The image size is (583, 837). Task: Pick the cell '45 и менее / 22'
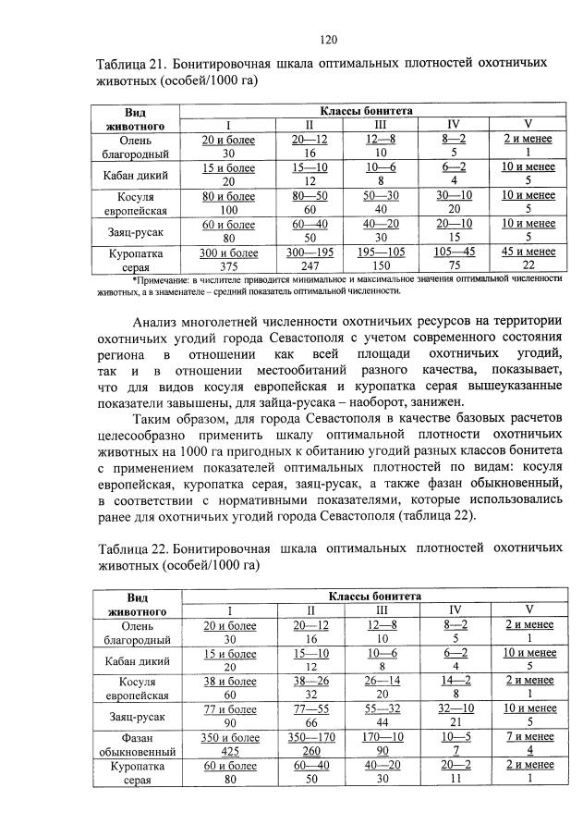528,258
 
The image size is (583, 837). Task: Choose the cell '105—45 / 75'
454,258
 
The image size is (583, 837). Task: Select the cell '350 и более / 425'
229,744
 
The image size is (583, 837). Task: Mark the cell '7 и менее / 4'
528,744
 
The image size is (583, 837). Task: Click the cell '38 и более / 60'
229,686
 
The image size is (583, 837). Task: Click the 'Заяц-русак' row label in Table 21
136,231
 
